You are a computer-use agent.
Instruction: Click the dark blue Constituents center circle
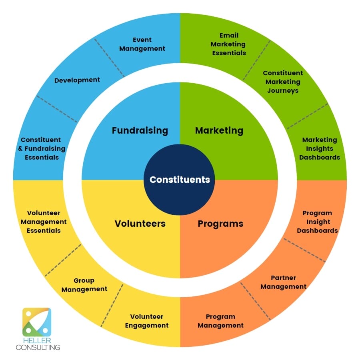click(x=180, y=180)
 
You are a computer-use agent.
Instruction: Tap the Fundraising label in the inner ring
click(x=140, y=131)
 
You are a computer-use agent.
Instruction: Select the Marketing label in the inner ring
click(x=219, y=131)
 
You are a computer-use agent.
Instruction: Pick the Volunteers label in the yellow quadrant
click(x=140, y=224)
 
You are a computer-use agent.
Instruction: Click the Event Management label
click(x=142, y=44)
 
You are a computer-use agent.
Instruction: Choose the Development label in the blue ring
click(x=77, y=80)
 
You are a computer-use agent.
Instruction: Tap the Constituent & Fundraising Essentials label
click(x=42, y=148)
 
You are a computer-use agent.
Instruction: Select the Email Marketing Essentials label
click(x=229, y=44)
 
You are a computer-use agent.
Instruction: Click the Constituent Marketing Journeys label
click(x=283, y=82)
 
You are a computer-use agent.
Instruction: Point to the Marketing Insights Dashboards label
click(x=319, y=148)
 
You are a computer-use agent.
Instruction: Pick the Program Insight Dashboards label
click(x=317, y=222)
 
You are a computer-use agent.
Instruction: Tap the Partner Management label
click(x=283, y=282)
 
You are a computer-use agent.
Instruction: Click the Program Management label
click(x=220, y=321)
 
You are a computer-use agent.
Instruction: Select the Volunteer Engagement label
click(x=147, y=321)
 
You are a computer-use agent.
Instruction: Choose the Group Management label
click(x=84, y=285)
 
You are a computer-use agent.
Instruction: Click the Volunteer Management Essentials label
click(x=44, y=222)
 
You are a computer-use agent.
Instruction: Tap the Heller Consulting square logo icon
click(x=37, y=322)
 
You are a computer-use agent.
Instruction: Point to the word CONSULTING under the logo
click(x=38, y=347)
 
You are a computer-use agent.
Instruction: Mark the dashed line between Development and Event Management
click(x=109, y=57)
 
